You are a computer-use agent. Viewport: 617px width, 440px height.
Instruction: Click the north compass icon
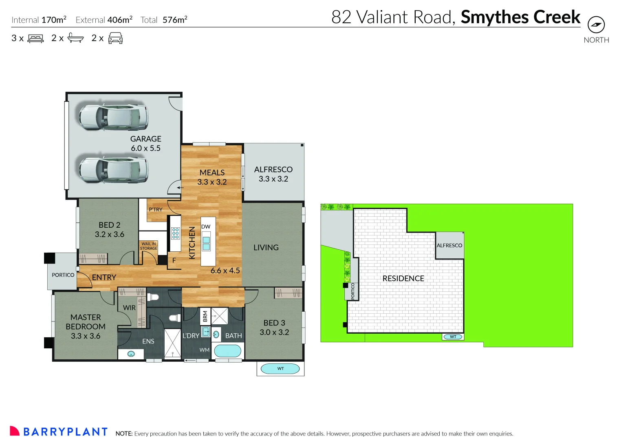point(596,25)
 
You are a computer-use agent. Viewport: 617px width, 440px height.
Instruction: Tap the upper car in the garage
point(113,117)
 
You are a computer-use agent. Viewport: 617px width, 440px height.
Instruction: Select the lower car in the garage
point(113,169)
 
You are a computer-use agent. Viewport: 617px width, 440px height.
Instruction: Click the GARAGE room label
point(145,139)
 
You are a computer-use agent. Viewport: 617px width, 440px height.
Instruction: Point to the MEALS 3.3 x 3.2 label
point(212,177)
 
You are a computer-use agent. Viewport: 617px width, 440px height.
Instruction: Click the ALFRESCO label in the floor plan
point(273,169)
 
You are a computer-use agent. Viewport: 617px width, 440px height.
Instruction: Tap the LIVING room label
point(266,247)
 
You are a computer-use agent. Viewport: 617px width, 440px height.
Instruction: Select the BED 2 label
point(109,225)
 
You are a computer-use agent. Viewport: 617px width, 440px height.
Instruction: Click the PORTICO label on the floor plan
point(63,275)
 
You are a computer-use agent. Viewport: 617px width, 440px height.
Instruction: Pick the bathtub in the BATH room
point(227,351)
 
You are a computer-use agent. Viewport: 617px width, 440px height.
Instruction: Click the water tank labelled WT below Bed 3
point(280,369)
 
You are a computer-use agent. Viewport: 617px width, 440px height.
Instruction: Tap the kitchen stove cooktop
point(175,233)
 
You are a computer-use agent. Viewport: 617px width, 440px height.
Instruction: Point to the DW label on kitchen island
point(206,227)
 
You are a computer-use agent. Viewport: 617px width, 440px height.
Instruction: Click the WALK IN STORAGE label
point(148,246)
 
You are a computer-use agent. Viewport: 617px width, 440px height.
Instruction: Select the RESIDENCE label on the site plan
point(403,278)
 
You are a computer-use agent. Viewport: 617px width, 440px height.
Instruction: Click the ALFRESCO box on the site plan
point(450,245)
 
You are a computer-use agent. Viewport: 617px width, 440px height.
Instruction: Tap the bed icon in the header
point(35,38)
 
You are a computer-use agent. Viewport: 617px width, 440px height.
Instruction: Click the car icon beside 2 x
point(115,38)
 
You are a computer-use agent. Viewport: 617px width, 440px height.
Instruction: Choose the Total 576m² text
point(164,20)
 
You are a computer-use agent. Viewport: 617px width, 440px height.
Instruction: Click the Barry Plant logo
point(59,431)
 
